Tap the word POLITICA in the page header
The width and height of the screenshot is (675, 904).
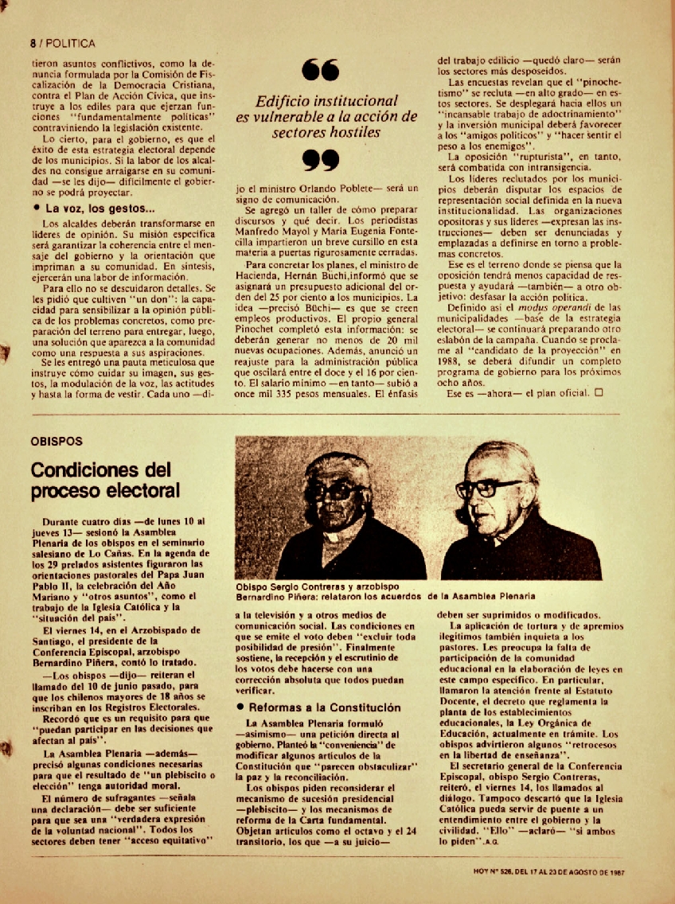(x=71, y=44)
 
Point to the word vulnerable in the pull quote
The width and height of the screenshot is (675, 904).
(x=295, y=117)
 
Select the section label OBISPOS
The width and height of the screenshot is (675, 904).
(x=57, y=441)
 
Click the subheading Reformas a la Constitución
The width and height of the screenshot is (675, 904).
(x=312, y=707)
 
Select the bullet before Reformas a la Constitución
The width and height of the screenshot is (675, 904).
(x=240, y=707)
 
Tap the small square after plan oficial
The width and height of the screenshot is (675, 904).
(x=599, y=392)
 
